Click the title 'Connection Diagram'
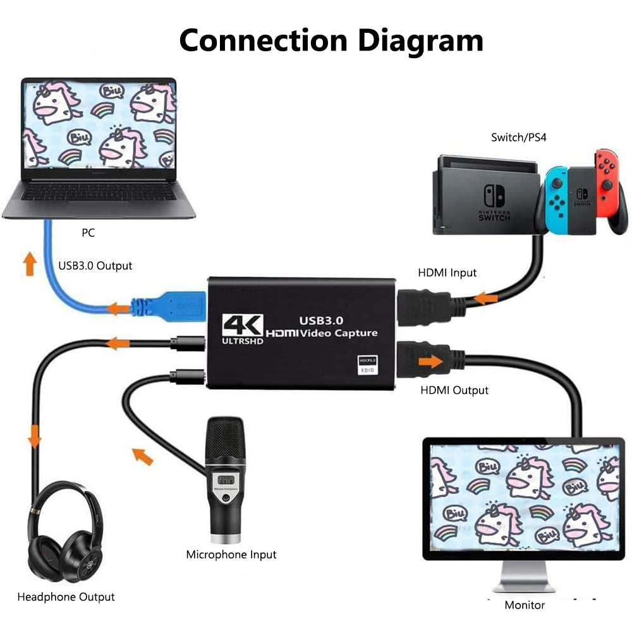click(331, 40)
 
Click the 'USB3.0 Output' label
click(95, 265)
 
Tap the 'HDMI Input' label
click(447, 273)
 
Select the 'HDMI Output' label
click(454, 390)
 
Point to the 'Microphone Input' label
click(231, 554)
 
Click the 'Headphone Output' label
click(66, 597)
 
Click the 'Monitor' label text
click(524, 605)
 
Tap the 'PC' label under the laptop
click(88, 233)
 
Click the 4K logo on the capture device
click(242, 326)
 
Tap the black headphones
click(63, 534)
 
